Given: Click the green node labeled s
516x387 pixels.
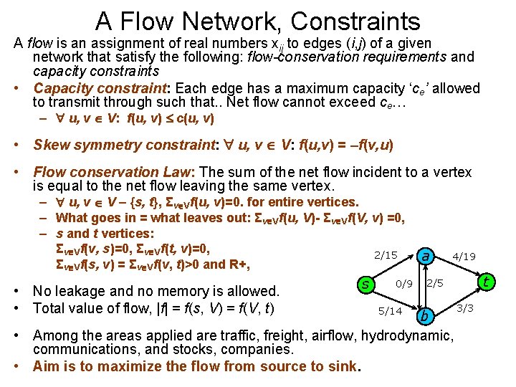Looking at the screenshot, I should click(366, 285).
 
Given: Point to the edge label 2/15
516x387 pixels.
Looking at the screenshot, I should click(386, 255).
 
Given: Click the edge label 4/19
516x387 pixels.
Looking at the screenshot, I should click(464, 256).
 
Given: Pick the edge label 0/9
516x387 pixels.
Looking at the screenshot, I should click(404, 284).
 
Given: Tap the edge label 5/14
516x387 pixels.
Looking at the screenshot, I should click(390, 311).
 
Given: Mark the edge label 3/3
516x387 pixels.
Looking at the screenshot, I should click(464, 308).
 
